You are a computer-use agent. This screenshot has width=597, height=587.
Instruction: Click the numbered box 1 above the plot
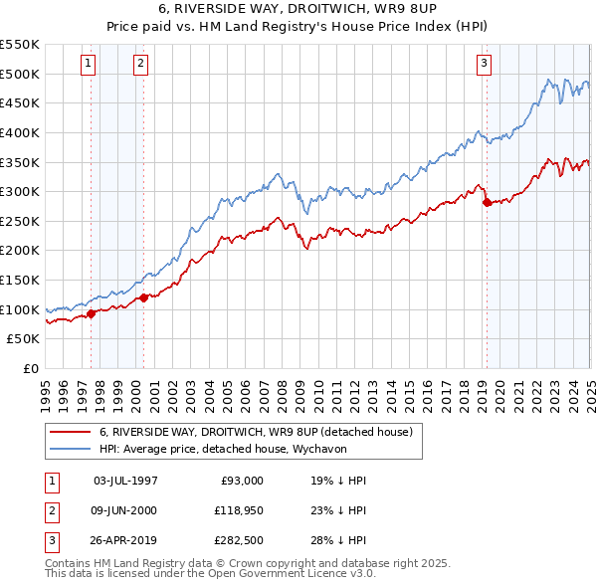(x=89, y=64)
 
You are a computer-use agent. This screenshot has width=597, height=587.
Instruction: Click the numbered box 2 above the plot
(x=140, y=64)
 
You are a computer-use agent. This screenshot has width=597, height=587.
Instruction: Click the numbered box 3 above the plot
(x=484, y=64)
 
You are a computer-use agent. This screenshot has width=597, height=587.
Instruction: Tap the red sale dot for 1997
(x=91, y=313)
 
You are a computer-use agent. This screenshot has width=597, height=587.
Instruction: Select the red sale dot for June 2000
(x=143, y=297)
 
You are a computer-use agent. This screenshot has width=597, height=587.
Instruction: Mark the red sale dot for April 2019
(x=487, y=202)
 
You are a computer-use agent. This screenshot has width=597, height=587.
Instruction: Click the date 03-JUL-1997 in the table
(x=124, y=481)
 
